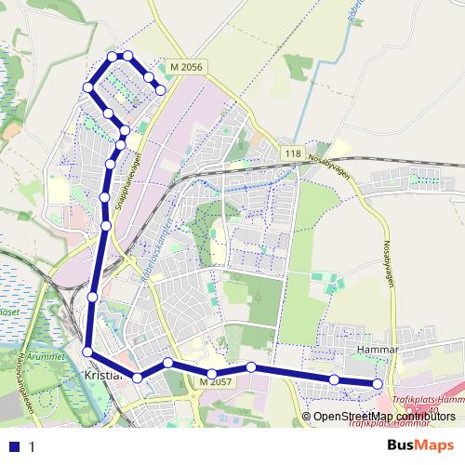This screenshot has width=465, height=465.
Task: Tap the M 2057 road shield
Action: coord(214,382)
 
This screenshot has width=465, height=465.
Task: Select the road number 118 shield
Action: coord(294,153)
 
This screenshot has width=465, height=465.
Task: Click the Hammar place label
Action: coord(378,351)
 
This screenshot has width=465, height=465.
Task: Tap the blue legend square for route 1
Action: coord(14,446)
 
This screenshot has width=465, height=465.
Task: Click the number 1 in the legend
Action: coord(32,446)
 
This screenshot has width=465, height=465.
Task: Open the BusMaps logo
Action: coord(420,445)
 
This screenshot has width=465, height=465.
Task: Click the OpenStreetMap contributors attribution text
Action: coord(382,417)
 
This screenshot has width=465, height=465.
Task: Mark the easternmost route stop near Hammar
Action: coord(378,384)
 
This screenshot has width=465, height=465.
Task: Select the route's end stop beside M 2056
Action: coord(161,89)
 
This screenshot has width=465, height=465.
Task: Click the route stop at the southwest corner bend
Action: coord(86,352)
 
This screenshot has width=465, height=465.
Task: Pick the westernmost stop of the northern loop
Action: coord(89,86)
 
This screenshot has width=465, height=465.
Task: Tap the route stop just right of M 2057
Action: coord(251,367)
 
